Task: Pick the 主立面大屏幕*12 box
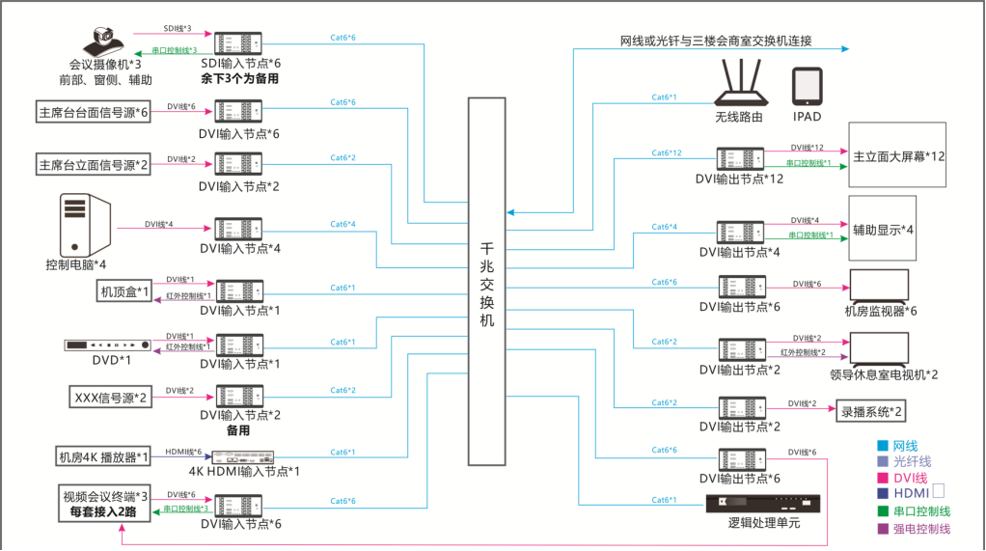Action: (x=897, y=154)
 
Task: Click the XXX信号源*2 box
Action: (x=112, y=397)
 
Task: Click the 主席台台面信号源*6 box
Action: (x=93, y=112)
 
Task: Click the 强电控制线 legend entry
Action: (x=917, y=528)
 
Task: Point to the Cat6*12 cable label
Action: (x=666, y=153)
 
